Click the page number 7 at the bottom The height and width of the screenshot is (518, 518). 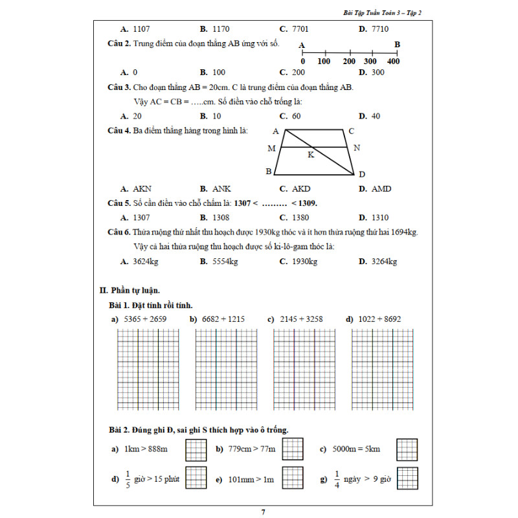tap(263, 512)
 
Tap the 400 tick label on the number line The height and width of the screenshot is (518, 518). tap(393, 61)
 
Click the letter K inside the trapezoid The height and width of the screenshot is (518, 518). tap(311, 155)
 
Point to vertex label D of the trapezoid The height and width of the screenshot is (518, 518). tap(362, 174)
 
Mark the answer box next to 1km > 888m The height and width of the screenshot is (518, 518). tap(196, 449)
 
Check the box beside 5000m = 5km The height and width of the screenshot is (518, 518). tap(407, 449)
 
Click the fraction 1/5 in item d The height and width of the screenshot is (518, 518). tap(127, 479)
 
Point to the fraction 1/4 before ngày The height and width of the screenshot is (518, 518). tap(337, 479)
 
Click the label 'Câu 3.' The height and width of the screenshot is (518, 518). tap(119, 87)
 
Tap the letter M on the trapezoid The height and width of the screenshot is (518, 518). tap(271, 148)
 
